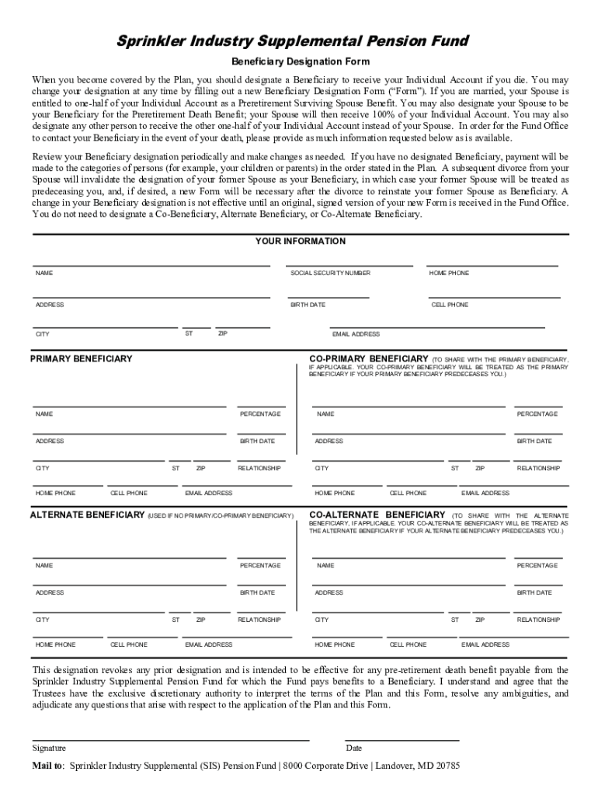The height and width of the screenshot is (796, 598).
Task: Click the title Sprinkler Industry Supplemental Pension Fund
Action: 299,41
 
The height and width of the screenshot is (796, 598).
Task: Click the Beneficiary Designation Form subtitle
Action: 299,61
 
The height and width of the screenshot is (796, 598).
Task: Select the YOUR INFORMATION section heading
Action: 300,242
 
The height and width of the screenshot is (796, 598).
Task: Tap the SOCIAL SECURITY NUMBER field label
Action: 330,274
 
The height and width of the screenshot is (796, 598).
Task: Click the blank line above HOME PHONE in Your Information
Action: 492,266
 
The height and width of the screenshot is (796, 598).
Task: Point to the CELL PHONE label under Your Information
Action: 450,305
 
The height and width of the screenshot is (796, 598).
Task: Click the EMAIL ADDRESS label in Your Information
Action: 356,334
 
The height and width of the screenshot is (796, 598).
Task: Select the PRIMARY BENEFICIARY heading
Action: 82,359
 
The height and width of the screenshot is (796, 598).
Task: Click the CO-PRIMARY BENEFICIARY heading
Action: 369,359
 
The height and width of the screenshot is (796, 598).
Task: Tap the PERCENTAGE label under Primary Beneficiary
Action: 260,414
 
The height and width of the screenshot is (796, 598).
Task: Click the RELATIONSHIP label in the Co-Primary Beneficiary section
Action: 538,469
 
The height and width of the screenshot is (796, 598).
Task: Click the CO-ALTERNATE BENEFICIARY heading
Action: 377,515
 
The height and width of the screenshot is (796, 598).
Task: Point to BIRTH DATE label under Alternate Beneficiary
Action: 257,593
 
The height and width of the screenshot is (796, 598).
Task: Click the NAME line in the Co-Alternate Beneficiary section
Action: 409,557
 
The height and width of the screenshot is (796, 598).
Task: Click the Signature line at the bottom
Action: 171,739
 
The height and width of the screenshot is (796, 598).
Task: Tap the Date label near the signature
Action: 354,749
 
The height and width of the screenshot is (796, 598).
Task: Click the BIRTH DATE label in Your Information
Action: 308,305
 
